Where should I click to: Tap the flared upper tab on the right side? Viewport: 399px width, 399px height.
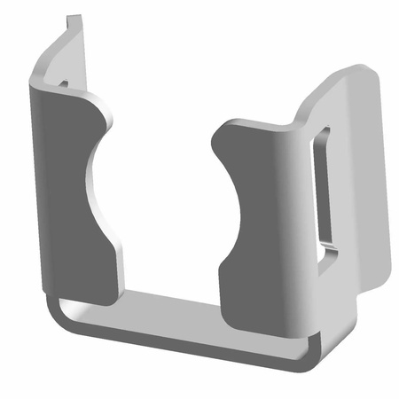pyautogui.click(x=346, y=89)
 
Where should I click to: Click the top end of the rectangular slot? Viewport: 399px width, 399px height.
pyautogui.click(x=324, y=133)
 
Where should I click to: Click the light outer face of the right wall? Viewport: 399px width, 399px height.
pyautogui.click(x=364, y=195)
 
